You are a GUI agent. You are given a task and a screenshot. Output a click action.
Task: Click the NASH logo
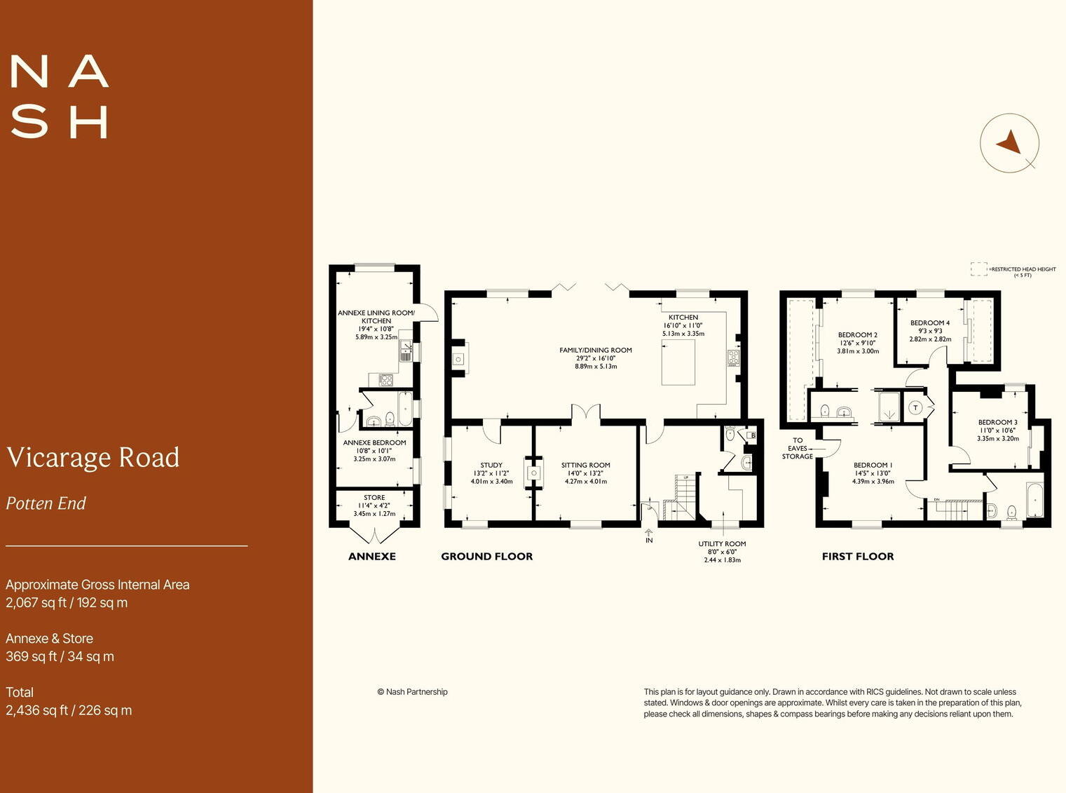pyautogui.click(x=60, y=97)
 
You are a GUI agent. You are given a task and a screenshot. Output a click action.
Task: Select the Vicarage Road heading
pyautogui.click(x=93, y=458)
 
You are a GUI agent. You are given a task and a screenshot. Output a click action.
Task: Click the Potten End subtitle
pyautogui.click(x=46, y=503)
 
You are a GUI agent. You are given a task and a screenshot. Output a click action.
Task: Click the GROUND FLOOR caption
pyautogui.click(x=486, y=557)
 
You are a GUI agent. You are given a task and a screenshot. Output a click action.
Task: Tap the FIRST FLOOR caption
pyautogui.click(x=857, y=557)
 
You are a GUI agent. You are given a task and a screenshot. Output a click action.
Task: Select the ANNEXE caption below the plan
pyautogui.click(x=371, y=557)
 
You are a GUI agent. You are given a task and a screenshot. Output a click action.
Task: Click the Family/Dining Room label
pyautogui.click(x=596, y=351)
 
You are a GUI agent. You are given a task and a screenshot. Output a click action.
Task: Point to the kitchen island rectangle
pyautogui.click(x=678, y=362)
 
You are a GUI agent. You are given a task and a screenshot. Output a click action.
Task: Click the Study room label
pyautogui.click(x=491, y=466)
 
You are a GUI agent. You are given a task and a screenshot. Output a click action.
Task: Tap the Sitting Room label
pyautogui.click(x=585, y=466)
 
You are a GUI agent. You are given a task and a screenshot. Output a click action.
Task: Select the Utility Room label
pyautogui.click(x=722, y=544)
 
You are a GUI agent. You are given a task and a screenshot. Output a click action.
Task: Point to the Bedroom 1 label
pyautogui.click(x=873, y=466)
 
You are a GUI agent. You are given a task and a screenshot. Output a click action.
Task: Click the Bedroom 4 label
pyautogui.click(x=930, y=323)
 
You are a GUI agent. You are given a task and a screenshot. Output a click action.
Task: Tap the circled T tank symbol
pyautogui.click(x=915, y=408)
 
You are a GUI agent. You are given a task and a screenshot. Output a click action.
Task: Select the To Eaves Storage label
pyautogui.click(x=798, y=449)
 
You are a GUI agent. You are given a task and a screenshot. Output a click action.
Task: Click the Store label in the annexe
pyautogui.click(x=374, y=498)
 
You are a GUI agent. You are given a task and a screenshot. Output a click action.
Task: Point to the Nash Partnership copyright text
pyautogui.click(x=412, y=692)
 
